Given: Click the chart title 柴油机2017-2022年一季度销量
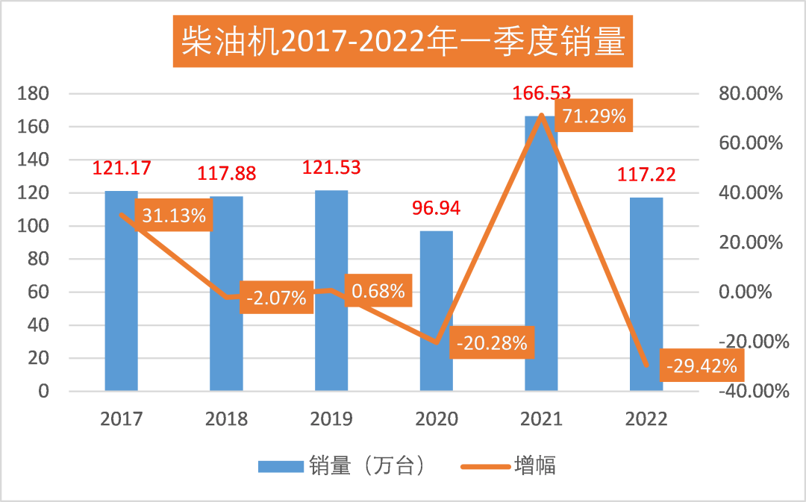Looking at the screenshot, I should pyautogui.click(x=402, y=43).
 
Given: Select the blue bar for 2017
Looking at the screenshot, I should pyautogui.click(x=122, y=298).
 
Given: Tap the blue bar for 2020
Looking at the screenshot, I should pyautogui.click(x=437, y=313).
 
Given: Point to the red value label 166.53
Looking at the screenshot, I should pyautogui.click(x=541, y=94).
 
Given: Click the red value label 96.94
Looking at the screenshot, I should pyautogui.click(x=437, y=207).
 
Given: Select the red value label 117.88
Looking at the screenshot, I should pyautogui.click(x=226, y=174).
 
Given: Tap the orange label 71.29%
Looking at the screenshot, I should pyautogui.click(x=593, y=117).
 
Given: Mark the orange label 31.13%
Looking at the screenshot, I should pyautogui.click(x=175, y=216).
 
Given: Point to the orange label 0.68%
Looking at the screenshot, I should pyautogui.click(x=378, y=290).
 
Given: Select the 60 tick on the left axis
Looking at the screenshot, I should pyautogui.click(x=37, y=292).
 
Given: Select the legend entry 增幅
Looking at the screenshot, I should pyautogui.click(x=534, y=466).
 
